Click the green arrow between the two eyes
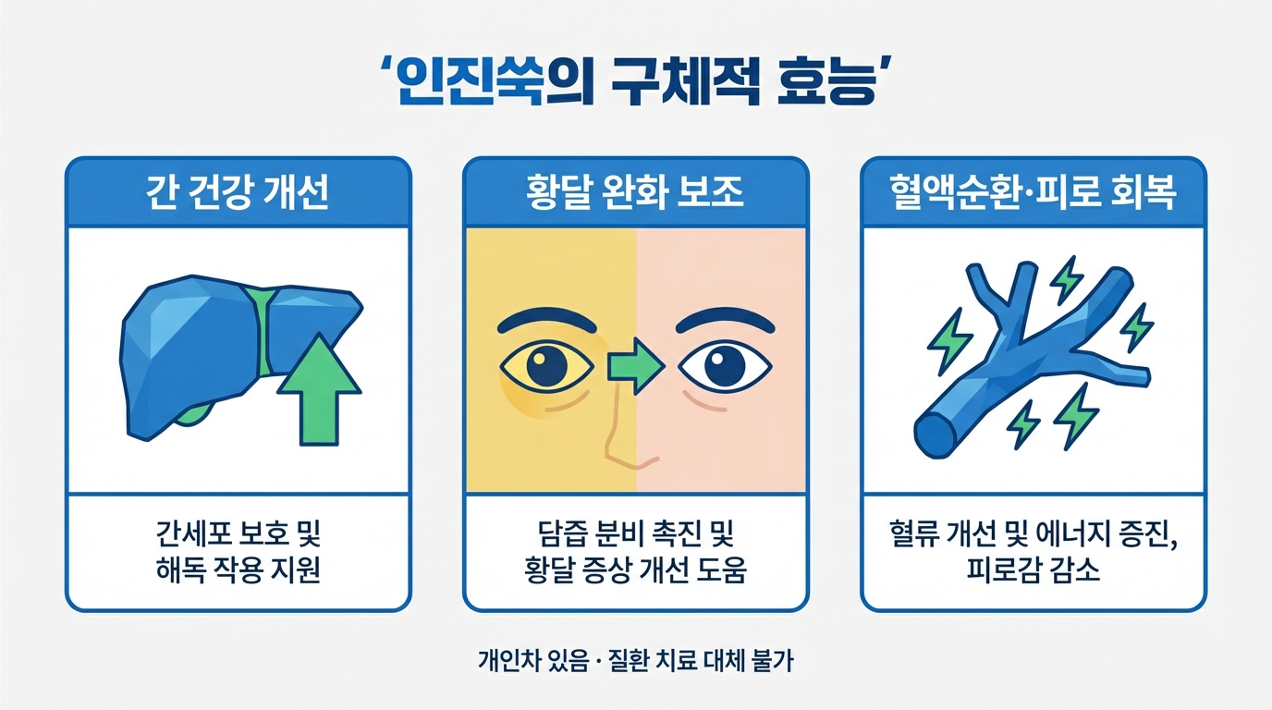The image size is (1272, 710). [x=636, y=368]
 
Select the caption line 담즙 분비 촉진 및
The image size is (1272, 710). [x=635, y=534]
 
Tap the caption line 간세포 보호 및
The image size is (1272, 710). [x=238, y=534]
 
